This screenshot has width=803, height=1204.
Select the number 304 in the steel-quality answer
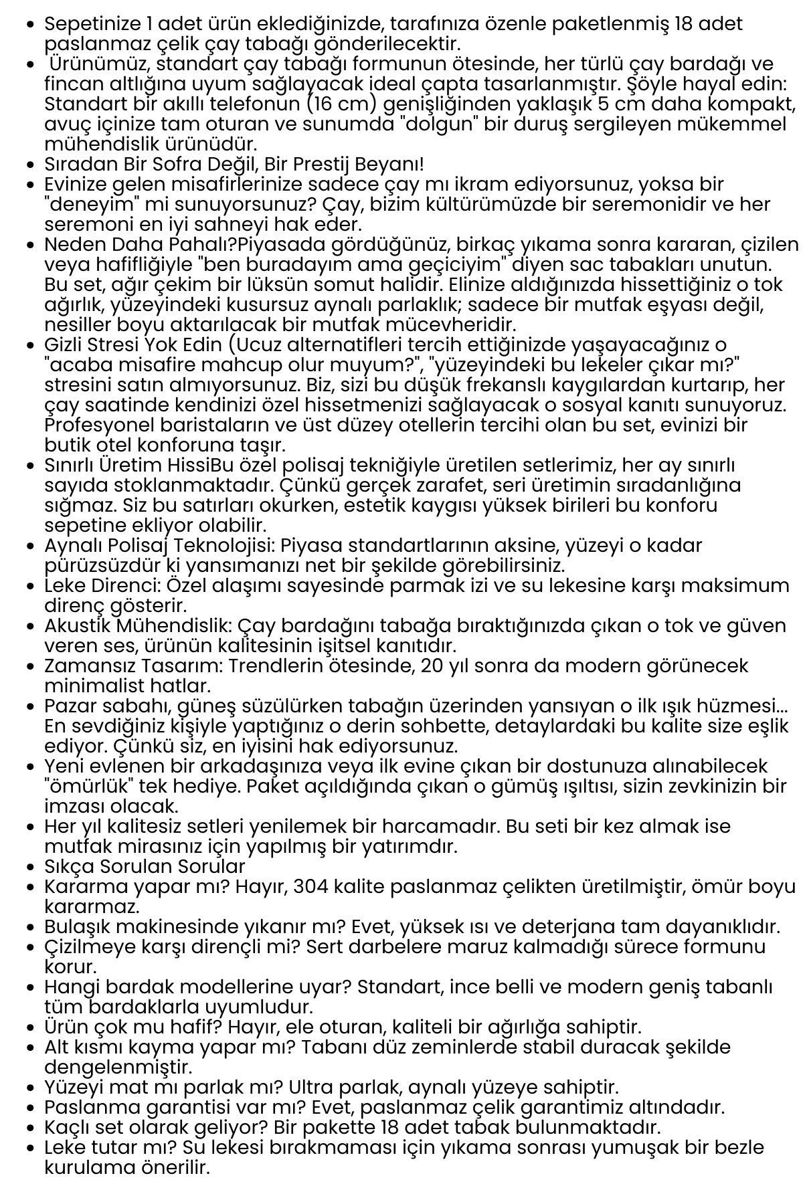pyautogui.click(x=313, y=887)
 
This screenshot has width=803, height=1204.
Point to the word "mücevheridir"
pyautogui.click(x=455, y=325)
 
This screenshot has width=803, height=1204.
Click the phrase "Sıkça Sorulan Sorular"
pyautogui.click(x=145, y=867)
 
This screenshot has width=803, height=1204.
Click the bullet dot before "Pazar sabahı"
pyautogui.click(x=29, y=707)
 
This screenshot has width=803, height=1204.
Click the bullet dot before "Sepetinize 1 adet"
pyautogui.click(x=29, y=25)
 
